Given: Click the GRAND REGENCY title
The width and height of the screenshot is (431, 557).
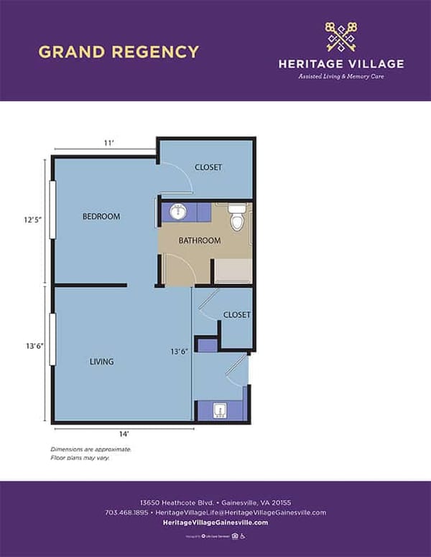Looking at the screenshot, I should point(119,52).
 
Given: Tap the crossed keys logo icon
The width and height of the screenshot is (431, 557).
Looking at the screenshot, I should point(341,37).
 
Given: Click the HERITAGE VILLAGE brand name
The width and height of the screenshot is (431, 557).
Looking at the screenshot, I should point(341,64).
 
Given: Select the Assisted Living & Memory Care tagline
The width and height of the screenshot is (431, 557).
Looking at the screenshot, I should point(341,76).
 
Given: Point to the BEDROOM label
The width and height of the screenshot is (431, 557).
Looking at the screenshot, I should point(101,216).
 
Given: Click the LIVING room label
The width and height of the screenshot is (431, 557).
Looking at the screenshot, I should point(101,361).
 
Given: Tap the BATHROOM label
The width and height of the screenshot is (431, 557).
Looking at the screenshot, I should point(200,240).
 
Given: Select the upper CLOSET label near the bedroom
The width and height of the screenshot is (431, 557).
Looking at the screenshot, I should point(208,167).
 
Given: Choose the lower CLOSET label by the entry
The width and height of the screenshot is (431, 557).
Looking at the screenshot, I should point(236,314).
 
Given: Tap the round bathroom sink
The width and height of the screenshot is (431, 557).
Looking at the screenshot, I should point(180,212).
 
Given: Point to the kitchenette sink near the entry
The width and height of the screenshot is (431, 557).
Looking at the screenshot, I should point(221,411).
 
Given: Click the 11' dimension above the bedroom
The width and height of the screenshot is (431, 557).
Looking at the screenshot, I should point(109,144).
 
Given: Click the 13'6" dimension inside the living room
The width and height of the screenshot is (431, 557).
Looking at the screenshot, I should point(180,352).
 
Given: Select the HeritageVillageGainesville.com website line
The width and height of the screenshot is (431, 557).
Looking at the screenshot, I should point(215,523).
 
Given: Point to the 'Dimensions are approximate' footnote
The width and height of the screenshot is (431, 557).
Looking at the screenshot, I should point(91,449).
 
